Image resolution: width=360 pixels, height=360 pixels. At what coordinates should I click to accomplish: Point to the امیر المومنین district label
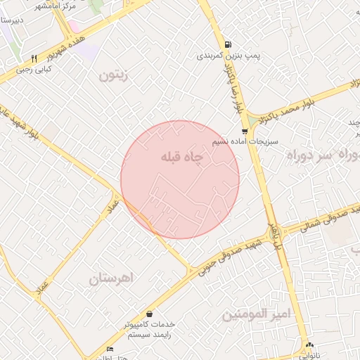click(x=256, y=315)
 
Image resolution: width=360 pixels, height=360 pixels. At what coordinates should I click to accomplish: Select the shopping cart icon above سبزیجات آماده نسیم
click(x=244, y=131)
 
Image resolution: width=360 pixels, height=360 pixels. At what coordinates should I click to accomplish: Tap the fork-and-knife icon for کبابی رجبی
click(x=34, y=59)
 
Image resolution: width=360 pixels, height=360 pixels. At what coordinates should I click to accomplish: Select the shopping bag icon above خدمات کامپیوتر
click(x=149, y=314)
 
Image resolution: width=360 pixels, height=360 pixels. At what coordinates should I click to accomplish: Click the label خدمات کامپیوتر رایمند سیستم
click(x=149, y=330)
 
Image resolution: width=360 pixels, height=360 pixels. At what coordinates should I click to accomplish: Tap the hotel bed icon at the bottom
click(x=109, y=349)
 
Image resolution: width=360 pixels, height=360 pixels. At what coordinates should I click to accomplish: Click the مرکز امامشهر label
click(x=77, y=5)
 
